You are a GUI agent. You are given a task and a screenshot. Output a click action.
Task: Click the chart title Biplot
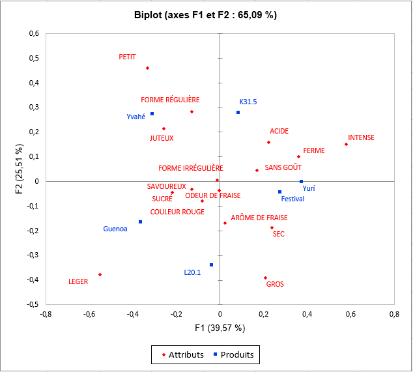pos(206,14)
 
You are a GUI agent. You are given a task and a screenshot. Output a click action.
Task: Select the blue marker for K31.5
pos(238,112)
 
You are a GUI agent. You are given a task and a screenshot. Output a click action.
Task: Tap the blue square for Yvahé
pos(152,113)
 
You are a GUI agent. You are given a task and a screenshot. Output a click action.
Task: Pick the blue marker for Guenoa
pos(140,222)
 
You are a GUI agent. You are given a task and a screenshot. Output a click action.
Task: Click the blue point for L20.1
pos(212,265)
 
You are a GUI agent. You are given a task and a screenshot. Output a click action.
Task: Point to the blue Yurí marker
pos(301,181)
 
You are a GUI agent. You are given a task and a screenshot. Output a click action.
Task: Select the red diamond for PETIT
pos(147,68)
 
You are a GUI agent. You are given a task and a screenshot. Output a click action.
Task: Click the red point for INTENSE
pos(346,144)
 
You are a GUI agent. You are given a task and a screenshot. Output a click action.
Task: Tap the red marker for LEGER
pos(100,274)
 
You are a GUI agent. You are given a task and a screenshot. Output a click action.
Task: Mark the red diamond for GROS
pos(265,278)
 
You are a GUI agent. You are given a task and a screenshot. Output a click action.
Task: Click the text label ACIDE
pos(279,132)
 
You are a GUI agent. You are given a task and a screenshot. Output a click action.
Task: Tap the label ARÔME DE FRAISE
pos(259,218)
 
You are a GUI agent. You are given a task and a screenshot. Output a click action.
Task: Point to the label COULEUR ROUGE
pos(177,212)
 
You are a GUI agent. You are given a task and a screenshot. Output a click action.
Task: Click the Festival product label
pos(292,199)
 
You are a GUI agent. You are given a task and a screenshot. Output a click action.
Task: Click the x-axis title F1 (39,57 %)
pos(220,328)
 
